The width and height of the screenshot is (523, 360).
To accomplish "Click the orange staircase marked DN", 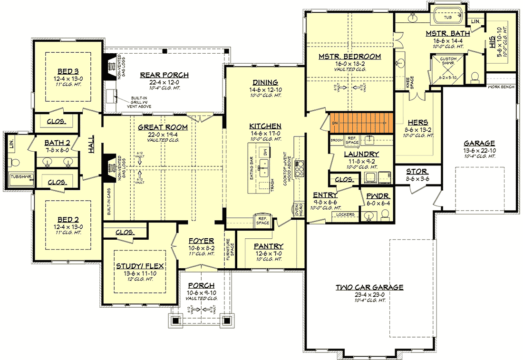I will coord(359,123).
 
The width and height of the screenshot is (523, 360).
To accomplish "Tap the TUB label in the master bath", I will coord(447,17).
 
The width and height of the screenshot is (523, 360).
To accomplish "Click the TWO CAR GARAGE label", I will coord(369,287).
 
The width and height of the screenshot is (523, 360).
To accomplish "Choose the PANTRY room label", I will coord(268,246).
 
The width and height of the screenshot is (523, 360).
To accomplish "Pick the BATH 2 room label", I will coord(58,142).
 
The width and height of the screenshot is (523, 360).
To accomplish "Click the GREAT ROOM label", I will coord(163,127).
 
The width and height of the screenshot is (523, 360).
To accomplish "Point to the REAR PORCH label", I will coord(165,75).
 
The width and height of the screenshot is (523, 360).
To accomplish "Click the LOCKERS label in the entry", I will coord(345,214).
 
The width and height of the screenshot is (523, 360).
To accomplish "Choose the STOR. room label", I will coord(416,172).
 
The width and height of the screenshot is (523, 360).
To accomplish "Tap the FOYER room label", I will coord(201,241).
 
